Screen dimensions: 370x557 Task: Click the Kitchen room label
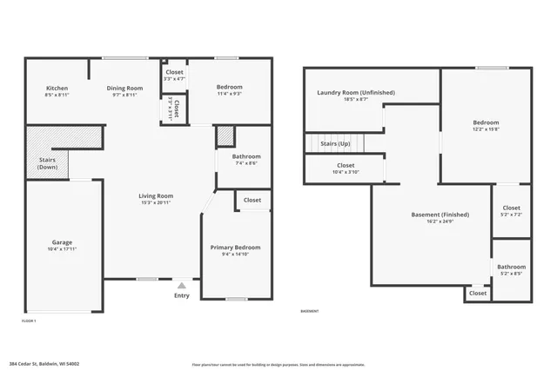tap(57, 88)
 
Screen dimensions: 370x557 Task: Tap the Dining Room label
tap(124, 88)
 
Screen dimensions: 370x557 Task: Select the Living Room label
tap(156, 196)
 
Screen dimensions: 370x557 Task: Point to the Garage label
tap(62, 242)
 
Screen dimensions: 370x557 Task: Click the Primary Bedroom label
tap(235, 248)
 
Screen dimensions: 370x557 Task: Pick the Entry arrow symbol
tap(181, 285)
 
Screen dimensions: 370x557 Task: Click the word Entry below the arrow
tap(181, 295)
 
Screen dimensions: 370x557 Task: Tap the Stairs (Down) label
tap(48, 163)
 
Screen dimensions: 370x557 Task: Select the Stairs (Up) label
tap(335, 143)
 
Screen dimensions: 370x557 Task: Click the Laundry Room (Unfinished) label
tap(356, 92)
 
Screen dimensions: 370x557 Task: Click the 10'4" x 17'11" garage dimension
tap(62, 249)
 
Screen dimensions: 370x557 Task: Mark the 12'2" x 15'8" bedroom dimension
tap(486, 129)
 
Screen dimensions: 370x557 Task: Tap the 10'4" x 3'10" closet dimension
tap(346, 172)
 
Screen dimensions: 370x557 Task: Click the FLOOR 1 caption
tap(29, 320)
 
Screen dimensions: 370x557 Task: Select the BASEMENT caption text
tap(310, 311)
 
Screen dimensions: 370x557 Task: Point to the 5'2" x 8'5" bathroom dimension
tap(512, 274)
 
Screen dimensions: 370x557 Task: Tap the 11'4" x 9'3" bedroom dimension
tap(230, 95)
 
